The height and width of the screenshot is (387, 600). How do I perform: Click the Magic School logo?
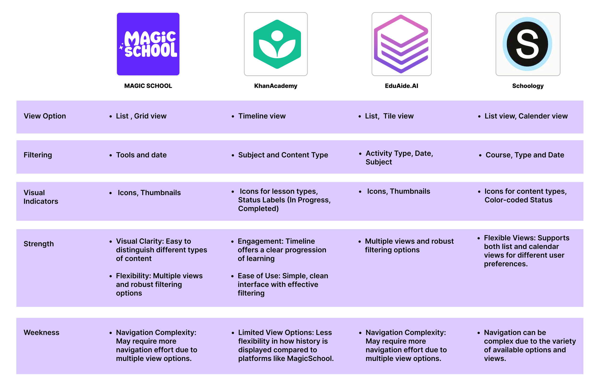[x=148, y=44]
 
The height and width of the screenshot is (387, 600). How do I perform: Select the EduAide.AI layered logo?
[x=401, y=44]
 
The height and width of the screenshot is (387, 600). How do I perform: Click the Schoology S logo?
[x=528, y=44]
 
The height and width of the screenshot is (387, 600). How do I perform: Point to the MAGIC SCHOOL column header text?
[x=148, y=86]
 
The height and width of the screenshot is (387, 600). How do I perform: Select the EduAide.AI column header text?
[x=401, y=86]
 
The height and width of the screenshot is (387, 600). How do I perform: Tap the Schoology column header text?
[x=528, y=86]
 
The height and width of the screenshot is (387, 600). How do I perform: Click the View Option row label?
[x=45, y=116]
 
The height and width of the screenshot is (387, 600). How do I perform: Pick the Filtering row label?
[x=38, y=155]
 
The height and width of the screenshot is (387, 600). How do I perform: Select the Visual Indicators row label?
[x=41, y=197]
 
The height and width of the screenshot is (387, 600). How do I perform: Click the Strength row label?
[x=38, y=244]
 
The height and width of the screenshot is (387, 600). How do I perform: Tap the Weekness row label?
[x=42, y=333]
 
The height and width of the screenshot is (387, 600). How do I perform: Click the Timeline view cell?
[x=262, y=116]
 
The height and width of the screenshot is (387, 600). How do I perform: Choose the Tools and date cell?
[x=141, y=155]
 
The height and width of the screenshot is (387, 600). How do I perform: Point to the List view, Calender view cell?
[x=526, y=116]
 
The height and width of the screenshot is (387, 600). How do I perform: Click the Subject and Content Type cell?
[x=283, y=155]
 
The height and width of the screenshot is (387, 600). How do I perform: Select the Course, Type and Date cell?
[x=525, y=155]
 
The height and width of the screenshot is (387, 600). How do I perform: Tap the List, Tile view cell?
[x=389, y=116]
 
